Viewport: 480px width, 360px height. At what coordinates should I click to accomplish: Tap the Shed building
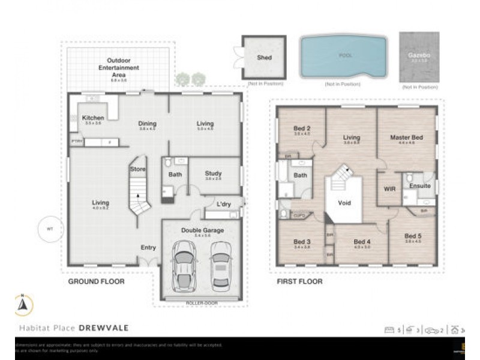pos(264,58)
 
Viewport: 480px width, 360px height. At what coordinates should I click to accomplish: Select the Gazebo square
pos(419,57)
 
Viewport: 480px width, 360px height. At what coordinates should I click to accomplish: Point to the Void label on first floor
pos(344,203)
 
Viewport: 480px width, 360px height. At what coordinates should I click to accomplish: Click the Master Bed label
pos(406,137)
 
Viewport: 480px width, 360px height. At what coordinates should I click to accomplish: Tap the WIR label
pos(389,188)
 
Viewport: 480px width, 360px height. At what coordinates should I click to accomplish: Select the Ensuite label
pos(419,186)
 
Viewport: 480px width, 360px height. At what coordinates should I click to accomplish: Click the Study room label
pos(213,173)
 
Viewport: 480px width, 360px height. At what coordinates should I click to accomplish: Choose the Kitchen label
pos(93,118)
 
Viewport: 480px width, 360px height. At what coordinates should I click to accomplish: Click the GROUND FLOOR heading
pos(96,281)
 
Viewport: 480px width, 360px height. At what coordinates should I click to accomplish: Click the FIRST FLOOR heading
pos(299,281)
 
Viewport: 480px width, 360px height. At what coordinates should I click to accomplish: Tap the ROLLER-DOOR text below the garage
pos(202,303)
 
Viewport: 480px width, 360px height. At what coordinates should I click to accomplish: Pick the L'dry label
pos(224,204)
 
